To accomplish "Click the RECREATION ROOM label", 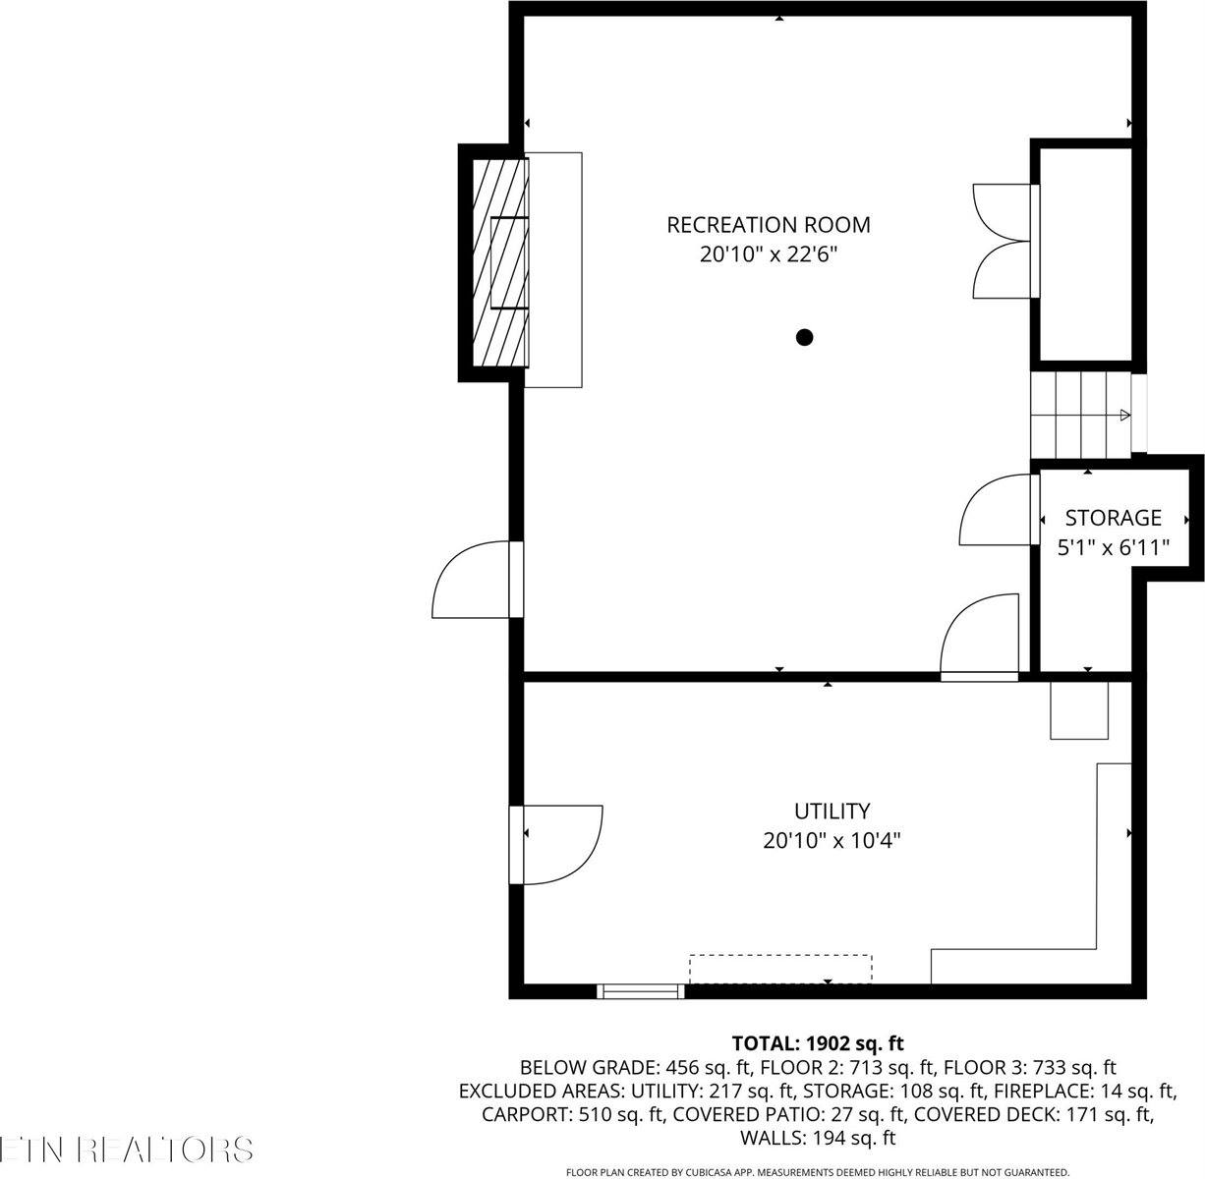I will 768,225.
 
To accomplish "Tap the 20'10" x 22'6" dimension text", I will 768,254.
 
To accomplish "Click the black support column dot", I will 804,338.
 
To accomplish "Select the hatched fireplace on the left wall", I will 500,263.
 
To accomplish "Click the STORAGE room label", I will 1113,518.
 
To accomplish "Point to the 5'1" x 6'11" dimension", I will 1113,547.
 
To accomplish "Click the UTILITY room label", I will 832,812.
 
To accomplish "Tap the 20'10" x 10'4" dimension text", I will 832,841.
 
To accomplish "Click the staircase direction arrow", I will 1124,417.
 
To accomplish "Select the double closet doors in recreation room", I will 1003,241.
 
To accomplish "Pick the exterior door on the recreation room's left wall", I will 474,580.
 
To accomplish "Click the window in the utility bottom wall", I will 641,991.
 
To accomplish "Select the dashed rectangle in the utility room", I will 779,968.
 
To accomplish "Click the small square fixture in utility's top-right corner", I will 1078,708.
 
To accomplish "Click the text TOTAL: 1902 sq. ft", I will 817,1043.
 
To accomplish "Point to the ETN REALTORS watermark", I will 126,1150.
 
